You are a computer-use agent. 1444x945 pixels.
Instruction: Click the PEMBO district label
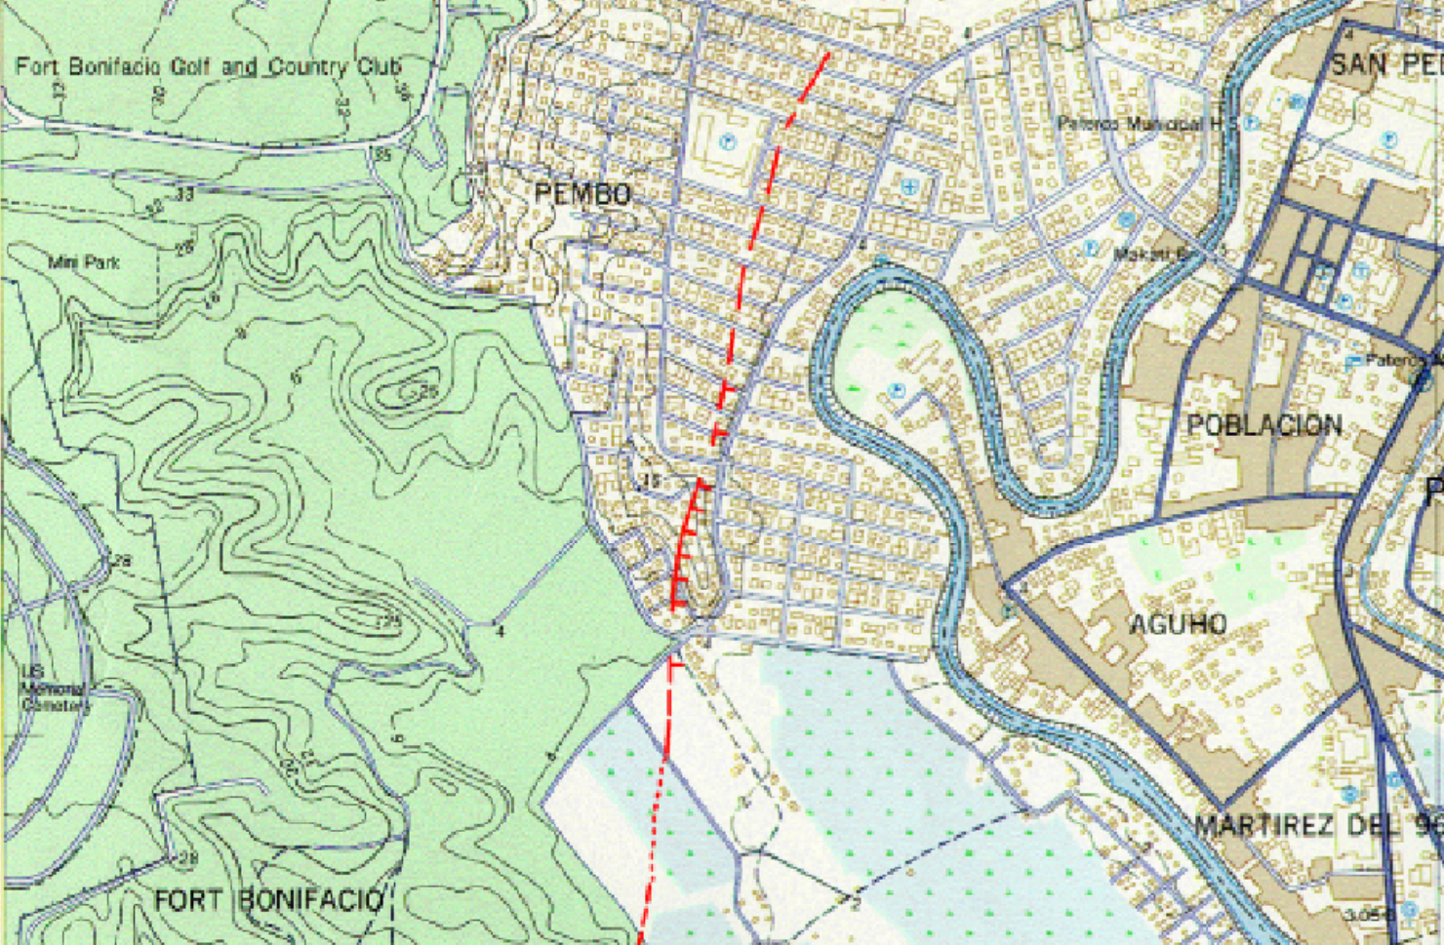[582, 194]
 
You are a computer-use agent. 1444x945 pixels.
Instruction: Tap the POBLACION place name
[1263, 425]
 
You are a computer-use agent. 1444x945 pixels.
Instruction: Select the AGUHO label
[1178, 623]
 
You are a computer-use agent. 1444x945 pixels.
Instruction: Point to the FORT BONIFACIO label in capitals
[268, 899]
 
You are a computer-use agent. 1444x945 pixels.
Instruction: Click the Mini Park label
[84, 262]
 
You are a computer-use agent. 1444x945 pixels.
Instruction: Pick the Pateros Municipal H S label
[1146, 124]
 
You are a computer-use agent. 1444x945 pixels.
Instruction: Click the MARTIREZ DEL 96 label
[1317, 826]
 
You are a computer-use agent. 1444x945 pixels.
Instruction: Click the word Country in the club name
[307, 67]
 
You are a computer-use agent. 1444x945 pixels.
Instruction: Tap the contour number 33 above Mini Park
[184, 194]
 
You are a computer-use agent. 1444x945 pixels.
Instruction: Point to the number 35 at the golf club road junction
[382, 155]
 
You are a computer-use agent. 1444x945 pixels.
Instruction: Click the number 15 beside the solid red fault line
[651, 481]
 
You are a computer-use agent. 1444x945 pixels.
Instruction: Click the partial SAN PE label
[1385, 65]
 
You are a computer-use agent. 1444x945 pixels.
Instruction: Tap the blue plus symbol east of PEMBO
[909, 186]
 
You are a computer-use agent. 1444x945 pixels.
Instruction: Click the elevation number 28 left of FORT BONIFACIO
[185, 858]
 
